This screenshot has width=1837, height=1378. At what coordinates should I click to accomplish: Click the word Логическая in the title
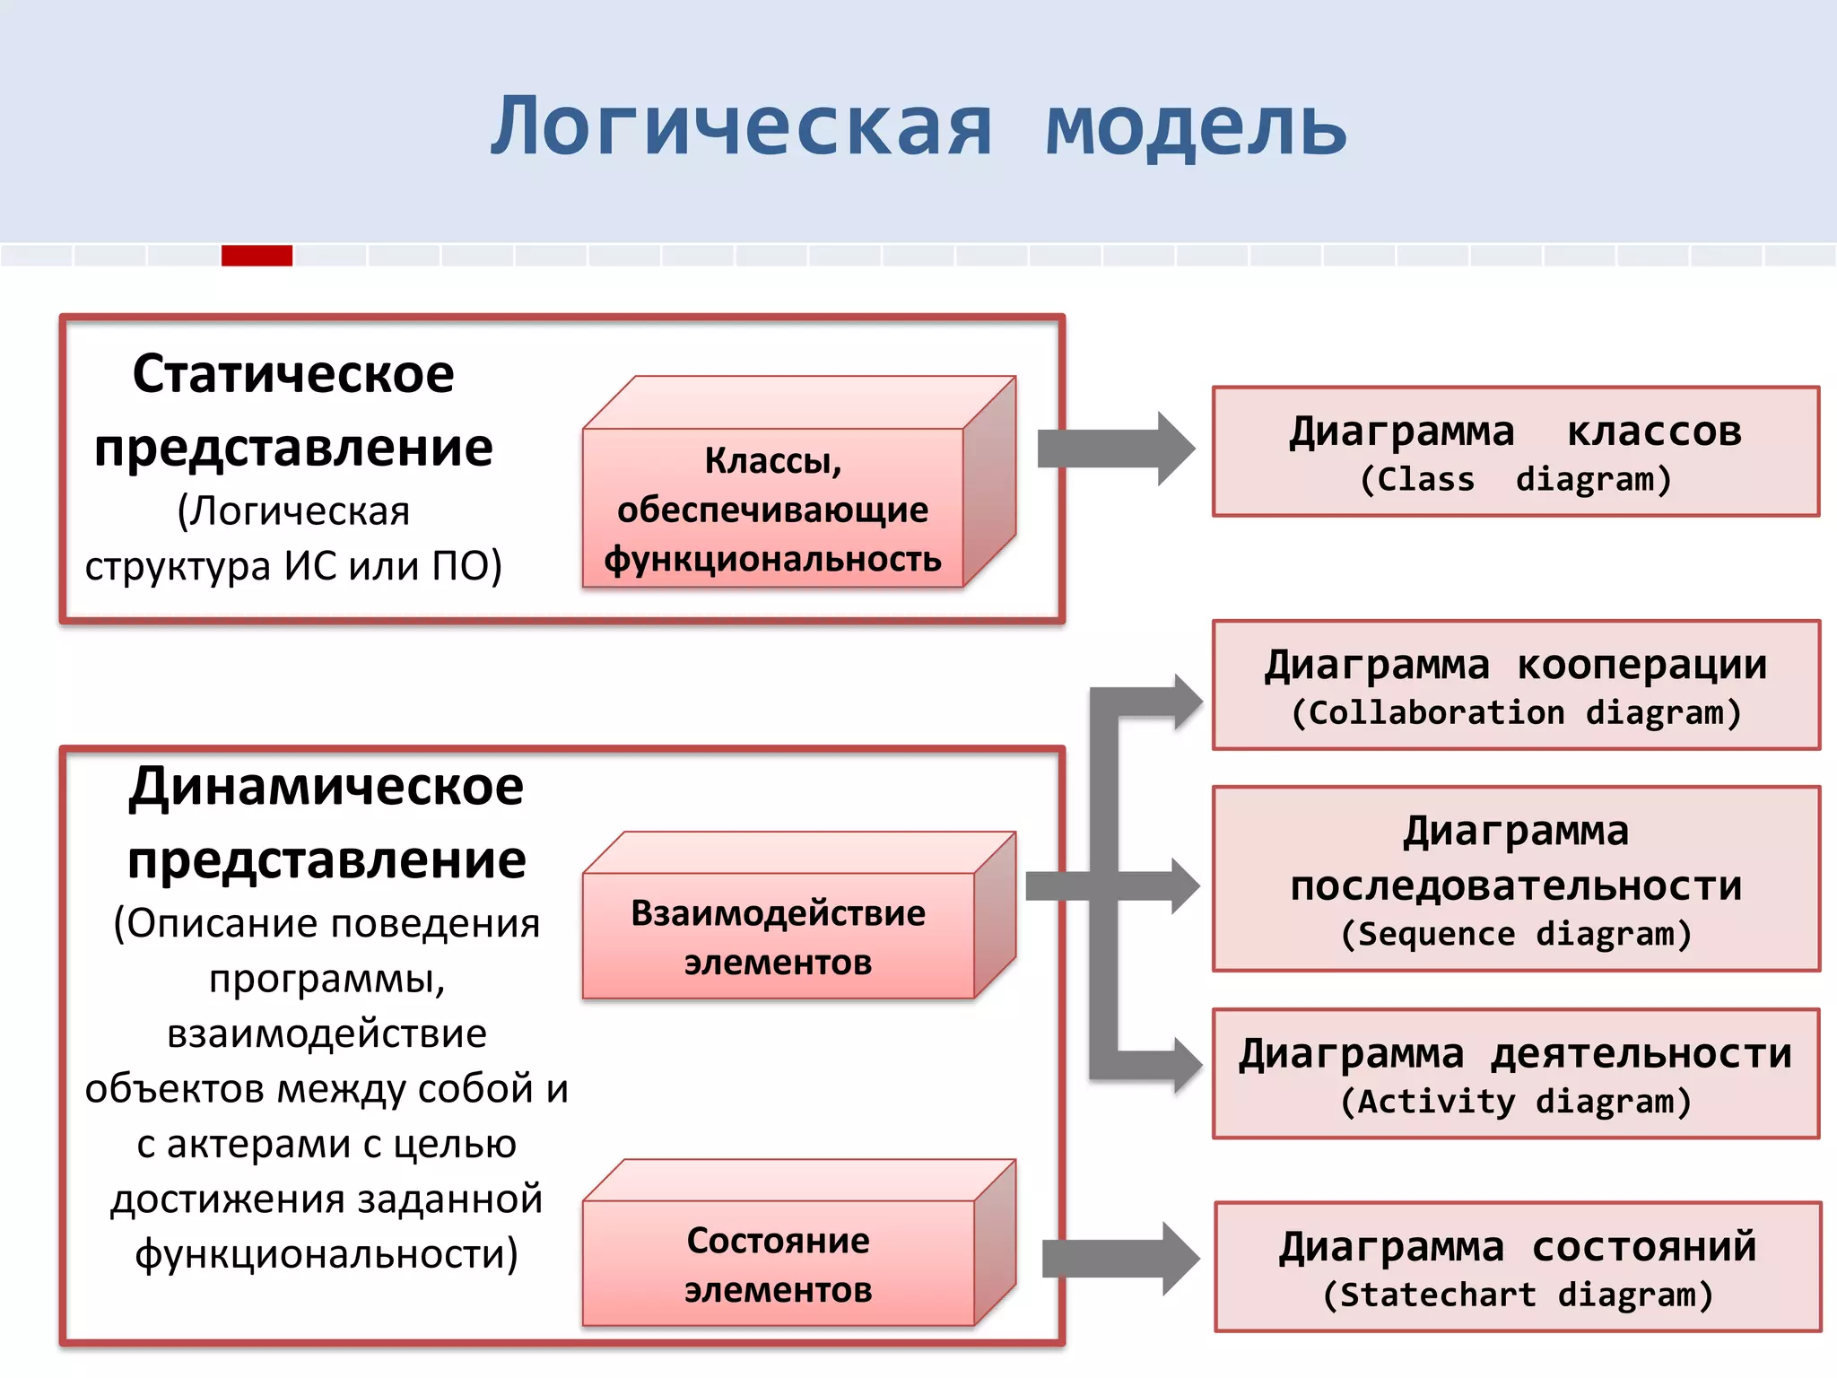click(741, 127)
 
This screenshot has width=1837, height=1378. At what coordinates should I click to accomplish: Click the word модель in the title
click(1196, 127)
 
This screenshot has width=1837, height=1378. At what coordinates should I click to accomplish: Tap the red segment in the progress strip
click(257, 256)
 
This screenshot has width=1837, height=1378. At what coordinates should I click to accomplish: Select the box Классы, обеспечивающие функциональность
click(772, 509)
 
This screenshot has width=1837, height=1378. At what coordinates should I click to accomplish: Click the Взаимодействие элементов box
click(778, 937)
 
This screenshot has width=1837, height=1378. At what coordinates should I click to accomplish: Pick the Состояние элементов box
click(778, 1264)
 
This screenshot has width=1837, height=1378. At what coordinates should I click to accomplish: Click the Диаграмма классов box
click(1515, 452)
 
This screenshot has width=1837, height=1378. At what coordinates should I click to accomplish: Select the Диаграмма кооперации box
click(1515, 685)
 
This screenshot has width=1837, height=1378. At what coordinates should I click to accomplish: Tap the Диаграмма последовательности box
click(1515, 879)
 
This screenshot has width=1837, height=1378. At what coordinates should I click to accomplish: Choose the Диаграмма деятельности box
click(1515, 1074)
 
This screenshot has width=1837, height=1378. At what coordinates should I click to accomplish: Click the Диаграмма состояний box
click(1517, 1267)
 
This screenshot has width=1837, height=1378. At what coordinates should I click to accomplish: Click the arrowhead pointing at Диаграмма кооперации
click(1186, 702)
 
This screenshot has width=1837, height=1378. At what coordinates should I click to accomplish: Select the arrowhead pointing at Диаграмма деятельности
click(1186, 1065)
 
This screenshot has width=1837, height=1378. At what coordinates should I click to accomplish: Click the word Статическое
click(293, 374)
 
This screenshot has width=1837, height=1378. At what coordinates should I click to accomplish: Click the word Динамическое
click(326, 787)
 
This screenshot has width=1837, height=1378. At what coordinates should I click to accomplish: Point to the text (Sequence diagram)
click(1515, 935)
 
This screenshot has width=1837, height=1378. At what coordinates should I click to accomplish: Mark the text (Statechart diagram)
click(1517, 1295)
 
